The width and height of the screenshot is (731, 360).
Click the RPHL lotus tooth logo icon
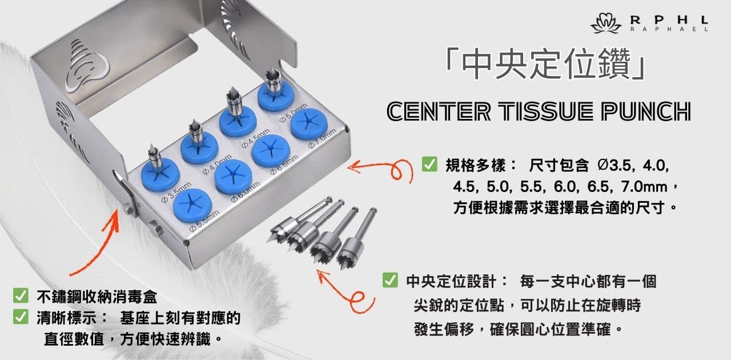tap(606, 23)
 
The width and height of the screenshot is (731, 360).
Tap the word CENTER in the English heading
tap(439, 111)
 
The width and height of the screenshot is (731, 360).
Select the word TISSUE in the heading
tap(547, 111)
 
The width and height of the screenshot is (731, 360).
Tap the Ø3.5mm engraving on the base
tap(176, 193)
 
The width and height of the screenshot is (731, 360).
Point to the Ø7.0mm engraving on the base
tap(323, 138)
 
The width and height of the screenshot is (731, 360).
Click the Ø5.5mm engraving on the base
tap(205, 221)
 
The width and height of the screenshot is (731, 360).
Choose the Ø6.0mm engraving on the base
tap(246, 193)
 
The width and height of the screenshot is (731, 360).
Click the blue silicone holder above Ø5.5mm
tap(192, 206)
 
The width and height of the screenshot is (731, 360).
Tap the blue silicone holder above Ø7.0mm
tap(309, 123)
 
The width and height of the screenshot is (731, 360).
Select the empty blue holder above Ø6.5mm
tap(271, 151)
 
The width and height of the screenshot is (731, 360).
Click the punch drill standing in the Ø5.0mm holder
tap(274, 82)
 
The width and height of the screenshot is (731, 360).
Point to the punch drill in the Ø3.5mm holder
tap(155, 158)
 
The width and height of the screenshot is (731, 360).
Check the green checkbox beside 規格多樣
tap(429, 164)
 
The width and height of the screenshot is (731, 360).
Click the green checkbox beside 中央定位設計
tap(390, 281)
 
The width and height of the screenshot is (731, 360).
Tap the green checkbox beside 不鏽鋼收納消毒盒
tap(21, 295)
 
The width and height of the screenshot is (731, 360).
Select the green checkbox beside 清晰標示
tap(21, 317)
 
